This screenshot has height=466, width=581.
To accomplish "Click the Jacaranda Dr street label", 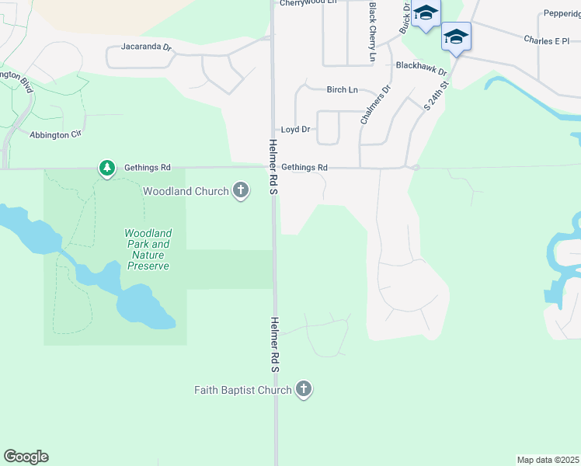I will click(x=146, y=47).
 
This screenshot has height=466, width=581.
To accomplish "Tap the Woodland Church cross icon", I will click(x=241, y=190).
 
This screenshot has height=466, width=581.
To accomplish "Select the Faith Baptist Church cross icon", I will click(x=304, y=389).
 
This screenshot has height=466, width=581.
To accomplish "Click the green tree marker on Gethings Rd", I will click(x=106, y=167).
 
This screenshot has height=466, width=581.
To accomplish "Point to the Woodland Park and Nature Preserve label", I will click(x=148, y=249).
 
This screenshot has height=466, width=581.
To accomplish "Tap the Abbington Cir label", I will click(x=55, y=134).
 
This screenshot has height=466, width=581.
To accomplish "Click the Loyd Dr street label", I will click(x=295, y=129).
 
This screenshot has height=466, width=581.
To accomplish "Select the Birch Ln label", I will click(x=342, y=90).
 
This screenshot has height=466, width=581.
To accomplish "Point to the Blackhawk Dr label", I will click(x=422, y=69).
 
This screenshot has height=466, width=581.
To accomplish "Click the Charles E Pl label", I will click(x=546, y=40).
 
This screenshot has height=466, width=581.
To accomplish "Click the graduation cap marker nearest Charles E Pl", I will click(x=456, y=37).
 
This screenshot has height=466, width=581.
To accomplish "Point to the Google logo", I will click(x=26, y=457).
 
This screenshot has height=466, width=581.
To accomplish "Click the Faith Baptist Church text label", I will click(x=242, y=390).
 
